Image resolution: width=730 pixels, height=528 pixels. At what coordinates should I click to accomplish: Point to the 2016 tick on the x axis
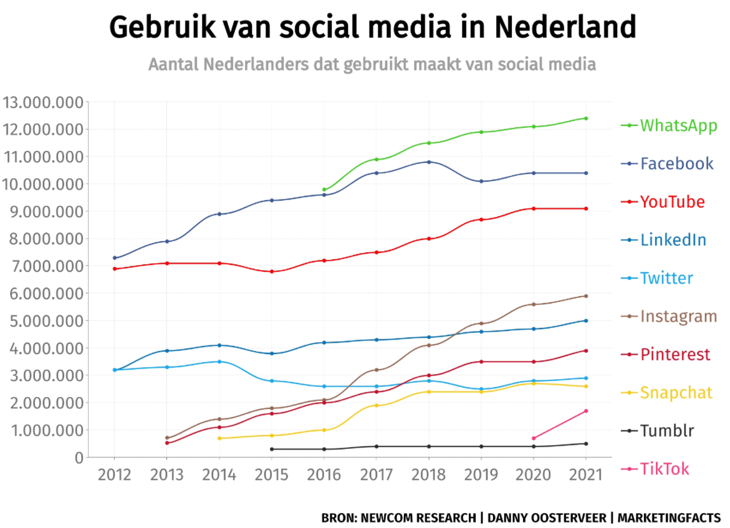[x=324, y=475]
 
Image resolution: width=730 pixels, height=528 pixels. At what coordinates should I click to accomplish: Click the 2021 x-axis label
[x=586, y=475]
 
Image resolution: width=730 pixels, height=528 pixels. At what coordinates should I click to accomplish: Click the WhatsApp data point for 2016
[x=324, y=190]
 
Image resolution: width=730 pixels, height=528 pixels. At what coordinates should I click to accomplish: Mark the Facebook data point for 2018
[x=429, y=162]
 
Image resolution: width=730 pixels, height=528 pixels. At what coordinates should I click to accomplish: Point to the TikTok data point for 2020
[x=534, y=438]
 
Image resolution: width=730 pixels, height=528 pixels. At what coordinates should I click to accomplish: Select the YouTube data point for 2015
[x=272, y=272]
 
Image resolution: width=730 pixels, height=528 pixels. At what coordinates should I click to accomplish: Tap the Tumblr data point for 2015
[x=272, y=449]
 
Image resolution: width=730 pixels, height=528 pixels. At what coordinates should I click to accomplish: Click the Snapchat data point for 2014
[x=219, y=438]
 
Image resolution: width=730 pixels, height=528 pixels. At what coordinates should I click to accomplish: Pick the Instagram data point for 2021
[x=586, y=296]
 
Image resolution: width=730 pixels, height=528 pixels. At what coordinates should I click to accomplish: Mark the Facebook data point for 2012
[x=115, y=257]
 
